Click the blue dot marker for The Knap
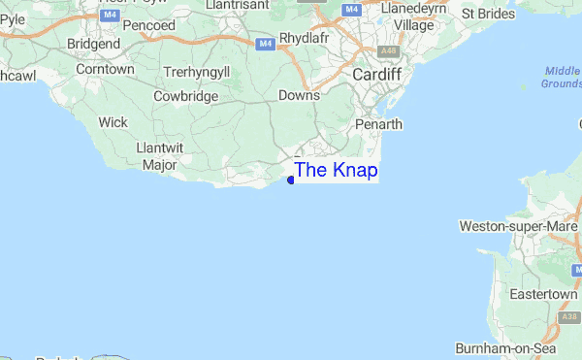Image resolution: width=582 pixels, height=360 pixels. point(291,180)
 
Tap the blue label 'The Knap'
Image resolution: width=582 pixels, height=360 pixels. point(336,171)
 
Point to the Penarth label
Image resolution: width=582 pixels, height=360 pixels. point(376,124)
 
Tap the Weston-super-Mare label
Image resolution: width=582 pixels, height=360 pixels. point(518,226)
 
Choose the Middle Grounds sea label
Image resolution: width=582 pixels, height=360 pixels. point(562,78)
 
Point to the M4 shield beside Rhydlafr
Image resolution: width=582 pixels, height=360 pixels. point(266,44)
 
